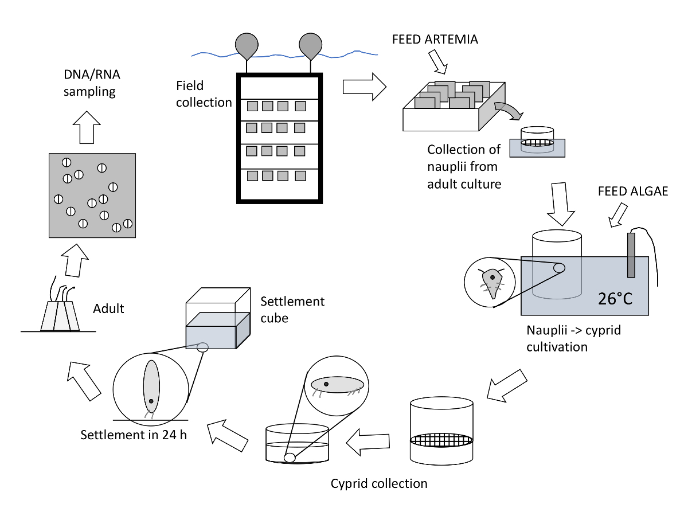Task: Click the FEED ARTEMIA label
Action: point(435,40)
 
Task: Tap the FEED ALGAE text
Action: point(633,192)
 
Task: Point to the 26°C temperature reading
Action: point(615,298)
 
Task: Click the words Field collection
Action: point(204,94)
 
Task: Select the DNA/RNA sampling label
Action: point(89,83)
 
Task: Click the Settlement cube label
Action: point(292,309)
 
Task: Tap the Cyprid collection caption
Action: point(379,483)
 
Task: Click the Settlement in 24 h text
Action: point(134,434)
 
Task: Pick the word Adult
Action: point(108,309)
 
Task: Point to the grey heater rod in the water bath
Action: point(631,255)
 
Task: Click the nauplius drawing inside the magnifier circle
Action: point(492,279)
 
